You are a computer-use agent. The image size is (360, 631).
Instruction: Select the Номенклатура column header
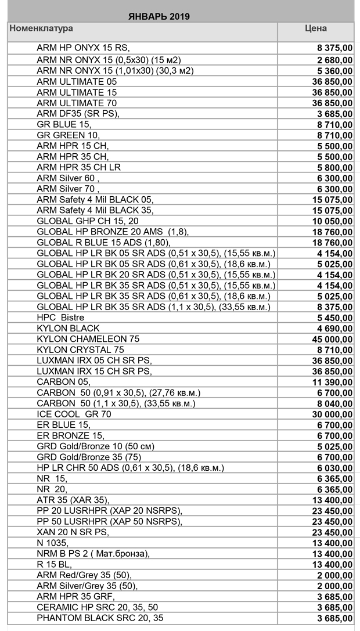tap(41, 28)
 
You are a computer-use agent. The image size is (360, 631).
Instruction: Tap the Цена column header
tap(315, 28)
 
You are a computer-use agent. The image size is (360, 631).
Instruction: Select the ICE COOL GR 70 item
tap(74, 414)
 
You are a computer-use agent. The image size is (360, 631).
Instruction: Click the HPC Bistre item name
tap(60, 317)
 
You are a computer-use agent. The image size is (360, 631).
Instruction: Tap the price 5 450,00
tap(334, 318)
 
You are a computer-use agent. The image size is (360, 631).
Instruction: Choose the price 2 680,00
tap(334, 60)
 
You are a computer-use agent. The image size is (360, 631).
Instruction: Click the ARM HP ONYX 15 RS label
tap(83, 48)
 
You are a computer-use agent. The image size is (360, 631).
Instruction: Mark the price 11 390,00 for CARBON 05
tap(332, 382)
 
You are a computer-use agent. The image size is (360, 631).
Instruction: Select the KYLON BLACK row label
tap(68, 328)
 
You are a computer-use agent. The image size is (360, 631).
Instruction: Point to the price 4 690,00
tap(334, 328)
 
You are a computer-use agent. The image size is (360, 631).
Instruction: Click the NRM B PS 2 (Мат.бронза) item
tap(93, 553)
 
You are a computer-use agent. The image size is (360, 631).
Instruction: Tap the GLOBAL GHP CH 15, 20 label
tap(88, 221)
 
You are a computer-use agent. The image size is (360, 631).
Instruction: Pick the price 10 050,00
tap(332, 221)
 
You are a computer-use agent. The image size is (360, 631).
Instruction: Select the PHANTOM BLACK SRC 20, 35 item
tap(100, 618)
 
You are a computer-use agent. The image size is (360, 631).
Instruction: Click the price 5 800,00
tap(334, 167)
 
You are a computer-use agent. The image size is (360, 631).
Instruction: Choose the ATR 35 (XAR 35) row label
tap(73, 499)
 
